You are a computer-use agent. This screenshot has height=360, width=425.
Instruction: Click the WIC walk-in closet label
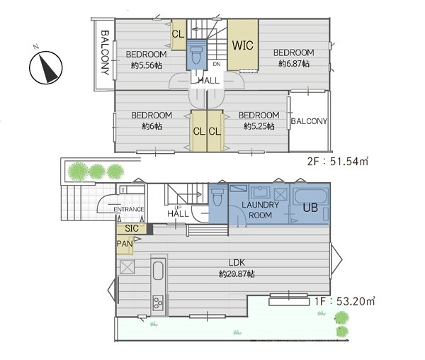point(242,45)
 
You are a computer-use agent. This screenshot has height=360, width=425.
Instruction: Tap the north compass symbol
point(46,67)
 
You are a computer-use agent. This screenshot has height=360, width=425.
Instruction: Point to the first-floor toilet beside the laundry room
point(217,197)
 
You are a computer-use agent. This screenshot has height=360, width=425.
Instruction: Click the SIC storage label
point(132,228)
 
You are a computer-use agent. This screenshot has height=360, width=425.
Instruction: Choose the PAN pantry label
point(125,244)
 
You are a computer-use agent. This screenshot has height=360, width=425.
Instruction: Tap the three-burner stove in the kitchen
point(158,303)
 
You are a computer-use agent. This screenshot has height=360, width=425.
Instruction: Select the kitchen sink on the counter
point(158,270)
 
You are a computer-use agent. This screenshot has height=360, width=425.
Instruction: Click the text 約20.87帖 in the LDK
point(237,274)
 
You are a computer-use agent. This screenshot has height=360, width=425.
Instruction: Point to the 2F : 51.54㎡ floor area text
point(338,162)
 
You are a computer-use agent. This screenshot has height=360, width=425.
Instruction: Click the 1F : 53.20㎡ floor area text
point(345,301)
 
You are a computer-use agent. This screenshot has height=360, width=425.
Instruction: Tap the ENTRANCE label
point(129,209)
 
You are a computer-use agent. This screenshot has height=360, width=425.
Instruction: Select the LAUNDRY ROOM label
point(260,210)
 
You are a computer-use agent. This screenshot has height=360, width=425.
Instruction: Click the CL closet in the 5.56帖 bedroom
point(178,34)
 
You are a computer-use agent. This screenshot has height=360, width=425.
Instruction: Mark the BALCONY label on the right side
point(309,121)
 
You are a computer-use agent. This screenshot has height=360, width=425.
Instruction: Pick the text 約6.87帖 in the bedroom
point(294,64)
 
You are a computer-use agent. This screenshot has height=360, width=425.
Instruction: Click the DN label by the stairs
point(217,64)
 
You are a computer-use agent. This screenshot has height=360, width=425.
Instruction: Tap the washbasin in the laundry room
point(260,193)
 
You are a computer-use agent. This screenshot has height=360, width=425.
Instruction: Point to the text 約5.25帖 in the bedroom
point(259,126)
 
